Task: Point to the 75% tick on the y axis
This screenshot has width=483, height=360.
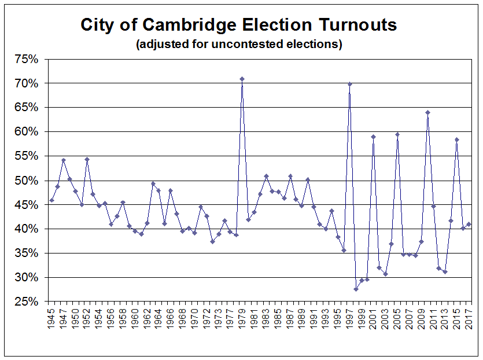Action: pyautogui.click(x=27, y=59)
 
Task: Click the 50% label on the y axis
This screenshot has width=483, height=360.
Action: pyautogui.click(x=27, y=181)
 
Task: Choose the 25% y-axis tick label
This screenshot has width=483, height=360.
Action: pyautogui.click(x=27, y=302)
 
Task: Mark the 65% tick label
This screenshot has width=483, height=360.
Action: pyautogui.click(x=27, y=108)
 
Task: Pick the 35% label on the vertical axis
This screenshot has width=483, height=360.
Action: pyautogui.click(x=27, y=254)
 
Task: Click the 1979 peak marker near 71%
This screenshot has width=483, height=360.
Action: pyautogui.click(x=242, y=79)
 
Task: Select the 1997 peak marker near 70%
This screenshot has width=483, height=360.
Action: pyautogui.click(x=350, y=84)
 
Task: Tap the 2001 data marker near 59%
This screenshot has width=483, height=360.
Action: pyautogui.click(x=374, y=137)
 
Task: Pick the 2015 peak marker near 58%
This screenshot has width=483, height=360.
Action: pyautogui.click(x=457, y=139)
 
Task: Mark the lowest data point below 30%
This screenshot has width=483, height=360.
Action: pyautogui.click(x=356, y=289)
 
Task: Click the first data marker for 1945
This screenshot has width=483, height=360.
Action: pyautogui.click(x=52, y=200)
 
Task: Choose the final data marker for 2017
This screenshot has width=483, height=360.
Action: pyautogui.click(x=469, y=225)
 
